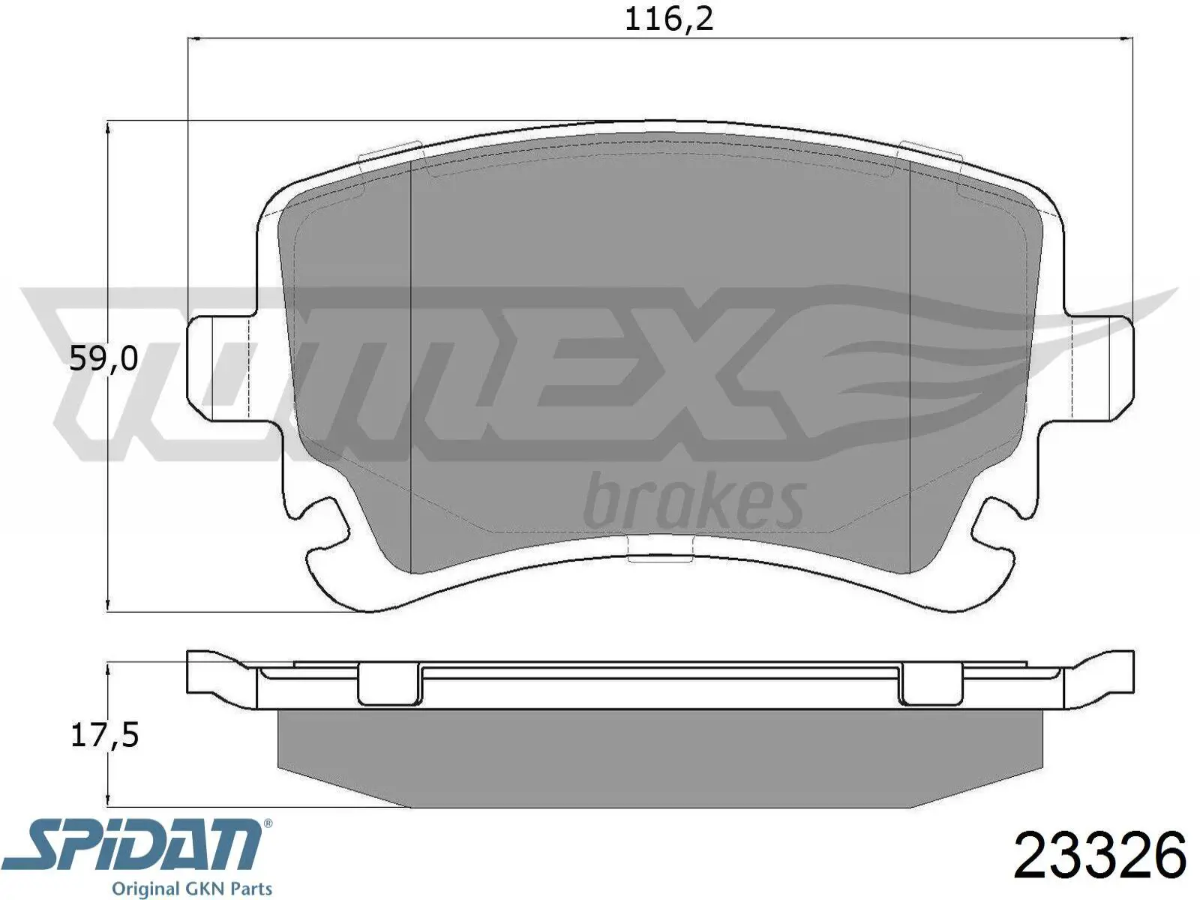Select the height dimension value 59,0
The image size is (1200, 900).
tap(103, 359)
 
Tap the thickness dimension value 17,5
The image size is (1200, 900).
tap(105, 735)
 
